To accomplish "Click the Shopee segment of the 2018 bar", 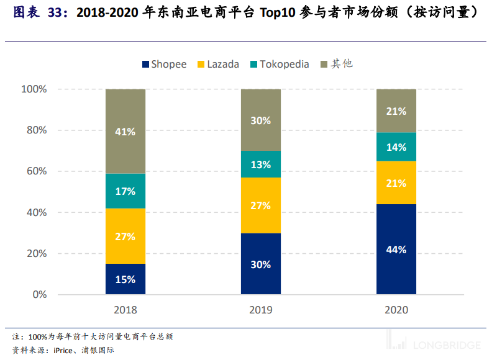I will click(x=125, y=279).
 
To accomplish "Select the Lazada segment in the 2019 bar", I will click(x=261, y=205).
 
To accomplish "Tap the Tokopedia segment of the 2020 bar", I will click(x=396, y=147).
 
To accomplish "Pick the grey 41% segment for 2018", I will click(x=125, y=131).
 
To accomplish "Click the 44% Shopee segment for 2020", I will click(x=396, y=249).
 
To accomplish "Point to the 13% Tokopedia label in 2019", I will click(x=261, y=164).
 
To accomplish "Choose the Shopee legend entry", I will click(x=165, y=64).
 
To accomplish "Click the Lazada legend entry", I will click(x=218, y=64).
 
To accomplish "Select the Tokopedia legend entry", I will click(x=280, y=64).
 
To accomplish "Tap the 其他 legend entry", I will click(x=336, y=64).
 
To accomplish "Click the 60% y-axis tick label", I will click(x=36, y=171).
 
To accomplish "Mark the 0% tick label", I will click(x=39, y=294).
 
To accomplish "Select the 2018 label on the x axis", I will click(x=125, y=310).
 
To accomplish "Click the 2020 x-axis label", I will click(x=396, y=310).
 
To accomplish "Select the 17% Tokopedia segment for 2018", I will click(x=125, y=191).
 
